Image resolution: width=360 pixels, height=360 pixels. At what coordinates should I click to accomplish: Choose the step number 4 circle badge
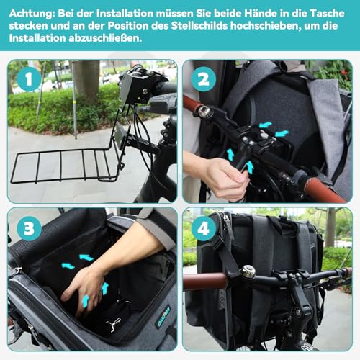point(203,228)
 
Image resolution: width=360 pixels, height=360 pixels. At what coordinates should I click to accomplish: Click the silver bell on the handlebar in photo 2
point(204,111)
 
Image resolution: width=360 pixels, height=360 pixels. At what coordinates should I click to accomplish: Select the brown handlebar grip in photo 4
point(205,281)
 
